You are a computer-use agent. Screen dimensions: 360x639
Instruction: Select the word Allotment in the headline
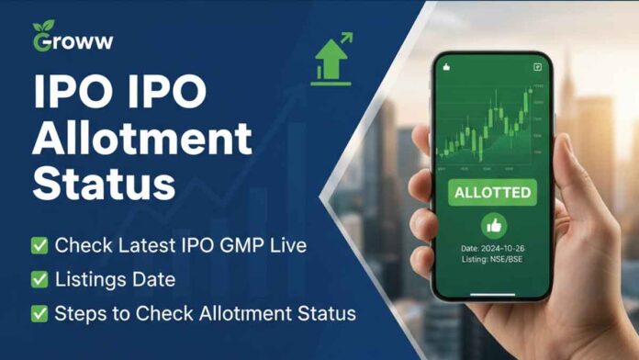click(142, 138)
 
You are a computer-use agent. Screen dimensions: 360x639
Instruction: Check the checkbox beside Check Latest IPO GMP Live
click(39, 245)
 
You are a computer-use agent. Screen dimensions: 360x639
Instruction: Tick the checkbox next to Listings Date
click(39, 280)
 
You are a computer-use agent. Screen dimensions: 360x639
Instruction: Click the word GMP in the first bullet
click(256, 245)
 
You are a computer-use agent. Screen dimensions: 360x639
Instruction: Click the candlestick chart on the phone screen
click(491, 129)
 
